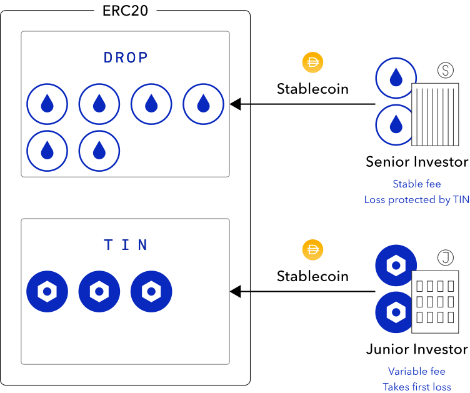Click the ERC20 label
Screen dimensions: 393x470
click(x=125, y=11)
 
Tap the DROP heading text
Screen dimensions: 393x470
click(x=126, y=57)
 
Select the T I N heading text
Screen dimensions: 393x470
click(x=126, y=245)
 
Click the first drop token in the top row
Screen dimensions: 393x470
click(x=47, y=104)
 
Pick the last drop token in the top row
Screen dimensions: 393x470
click(x=203, y=104)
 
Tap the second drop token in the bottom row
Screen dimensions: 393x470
click(x=99, y=151)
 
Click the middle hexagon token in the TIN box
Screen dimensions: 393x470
click(x=99, y=291)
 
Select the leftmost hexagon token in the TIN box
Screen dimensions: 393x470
click(x=47, y=291)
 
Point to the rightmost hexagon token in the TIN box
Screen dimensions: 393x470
click(x=151, y=291)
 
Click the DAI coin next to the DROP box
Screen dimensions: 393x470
click(x=312, y=62)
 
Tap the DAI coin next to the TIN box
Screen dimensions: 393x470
click(x=312, y=250)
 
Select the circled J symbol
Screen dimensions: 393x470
click(x=446, y=257)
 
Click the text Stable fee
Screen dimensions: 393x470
click(x=416, y=184)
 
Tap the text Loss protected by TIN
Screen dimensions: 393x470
click(x=416, y=200)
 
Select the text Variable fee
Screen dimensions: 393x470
click(x=416, y=371)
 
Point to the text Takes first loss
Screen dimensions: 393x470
click(x=416, y=387)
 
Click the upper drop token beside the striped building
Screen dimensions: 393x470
click(x=396, y=78)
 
